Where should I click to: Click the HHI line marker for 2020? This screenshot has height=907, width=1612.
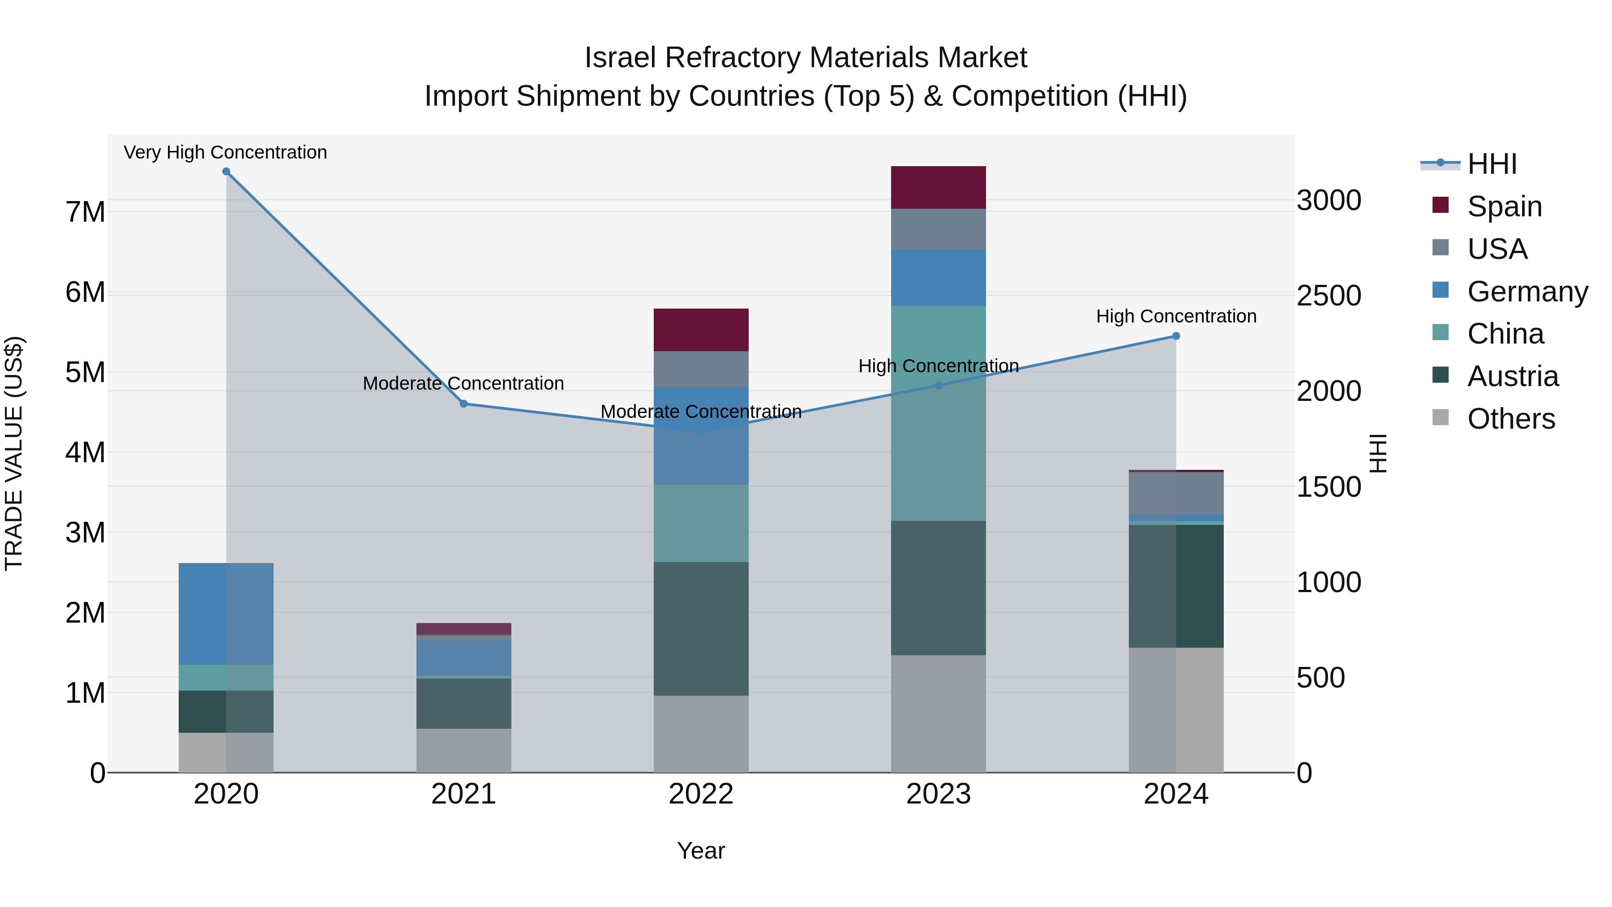226,172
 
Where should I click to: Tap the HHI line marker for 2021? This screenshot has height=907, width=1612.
464,404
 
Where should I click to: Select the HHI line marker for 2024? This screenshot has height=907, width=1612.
1176,336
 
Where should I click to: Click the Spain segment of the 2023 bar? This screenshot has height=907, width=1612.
938,187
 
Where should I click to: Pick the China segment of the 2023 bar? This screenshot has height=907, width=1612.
938,413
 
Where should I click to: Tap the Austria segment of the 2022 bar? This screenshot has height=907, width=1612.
701,628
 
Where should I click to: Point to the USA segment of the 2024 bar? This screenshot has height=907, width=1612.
1176,493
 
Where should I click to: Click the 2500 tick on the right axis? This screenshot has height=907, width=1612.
1329,296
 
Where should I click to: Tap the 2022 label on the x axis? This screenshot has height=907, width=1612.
701,794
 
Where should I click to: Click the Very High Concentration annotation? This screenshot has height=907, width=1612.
225,152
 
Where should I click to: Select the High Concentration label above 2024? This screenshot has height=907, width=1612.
1176,316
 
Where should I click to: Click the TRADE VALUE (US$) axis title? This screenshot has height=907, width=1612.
14,453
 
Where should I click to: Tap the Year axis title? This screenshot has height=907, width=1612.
701,851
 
